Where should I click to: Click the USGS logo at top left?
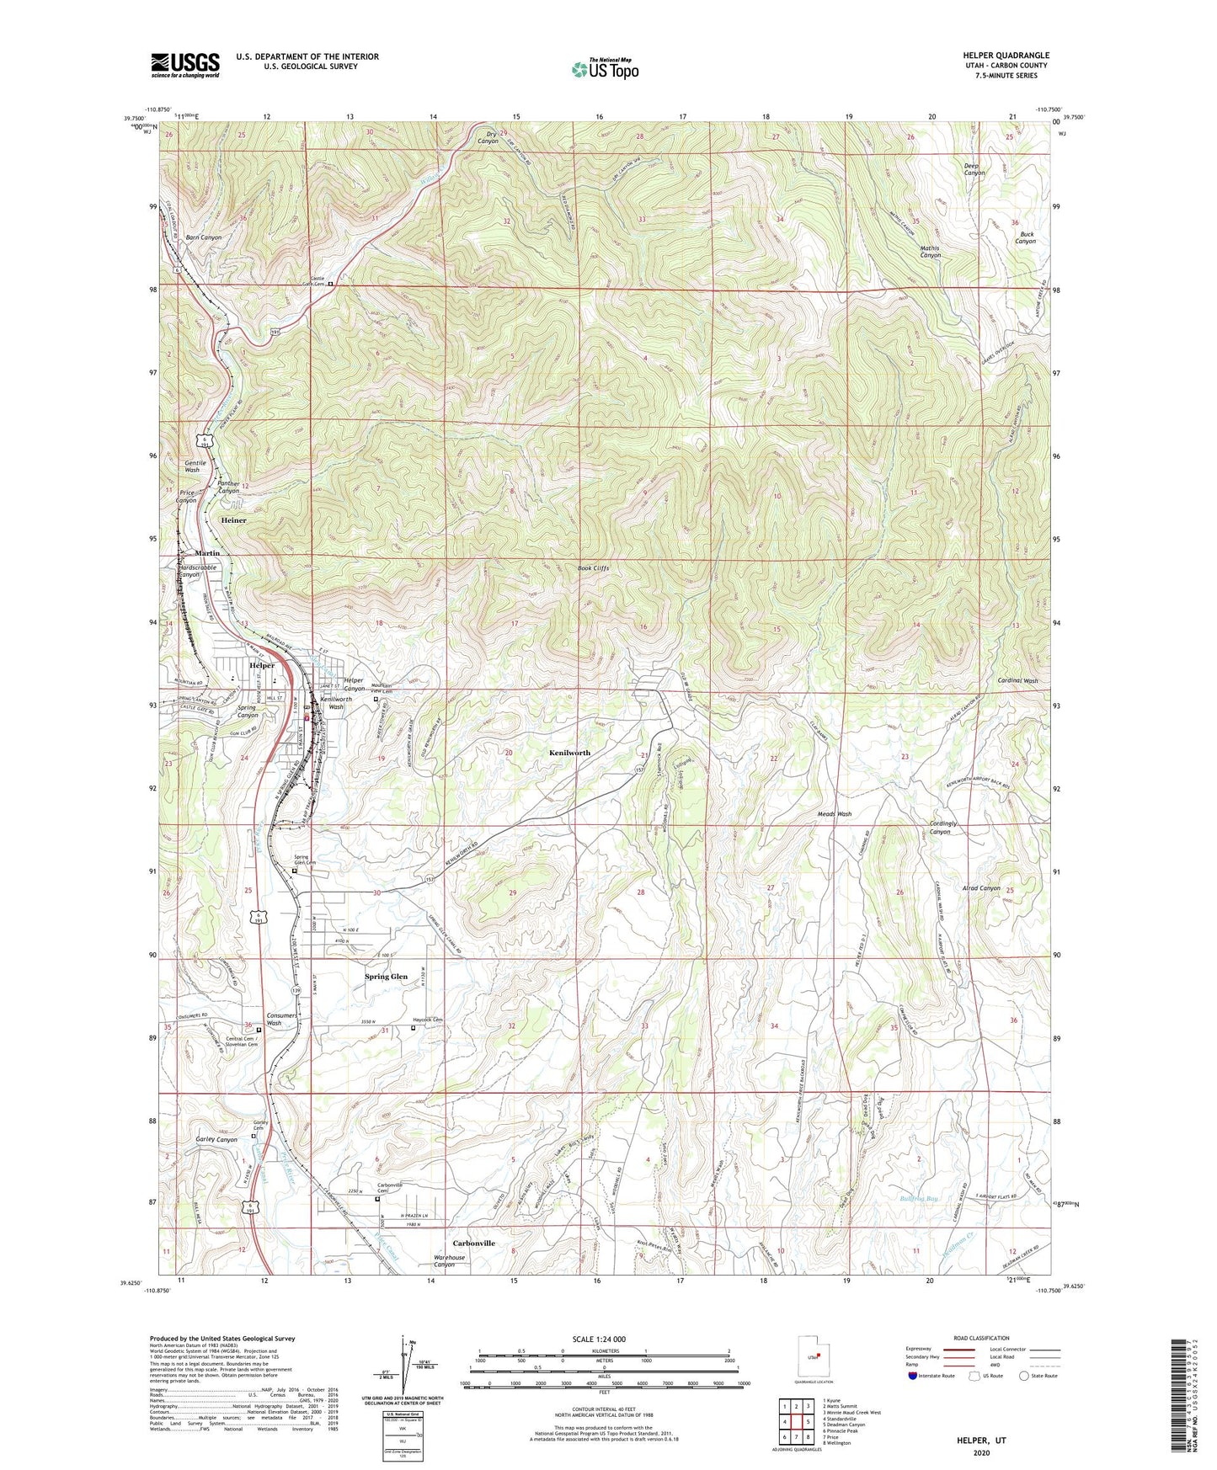click(x=185, y=65)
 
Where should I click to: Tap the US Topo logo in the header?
click(x=604, y=69)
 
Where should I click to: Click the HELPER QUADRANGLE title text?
click(x=1006, y=56)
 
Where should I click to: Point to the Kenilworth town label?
click(x=569, y=753)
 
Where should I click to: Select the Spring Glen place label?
click(x=386, y=977)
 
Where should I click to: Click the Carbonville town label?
click(x=474, y=1243)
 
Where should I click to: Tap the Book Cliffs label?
click(x=593, y=568)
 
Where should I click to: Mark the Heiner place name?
click(x=233, y=520)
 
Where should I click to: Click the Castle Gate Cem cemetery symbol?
click(x=330, y=284)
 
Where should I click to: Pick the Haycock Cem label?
click(x=428, y=1020)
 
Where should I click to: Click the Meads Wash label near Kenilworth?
click(x=834, y=814)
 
